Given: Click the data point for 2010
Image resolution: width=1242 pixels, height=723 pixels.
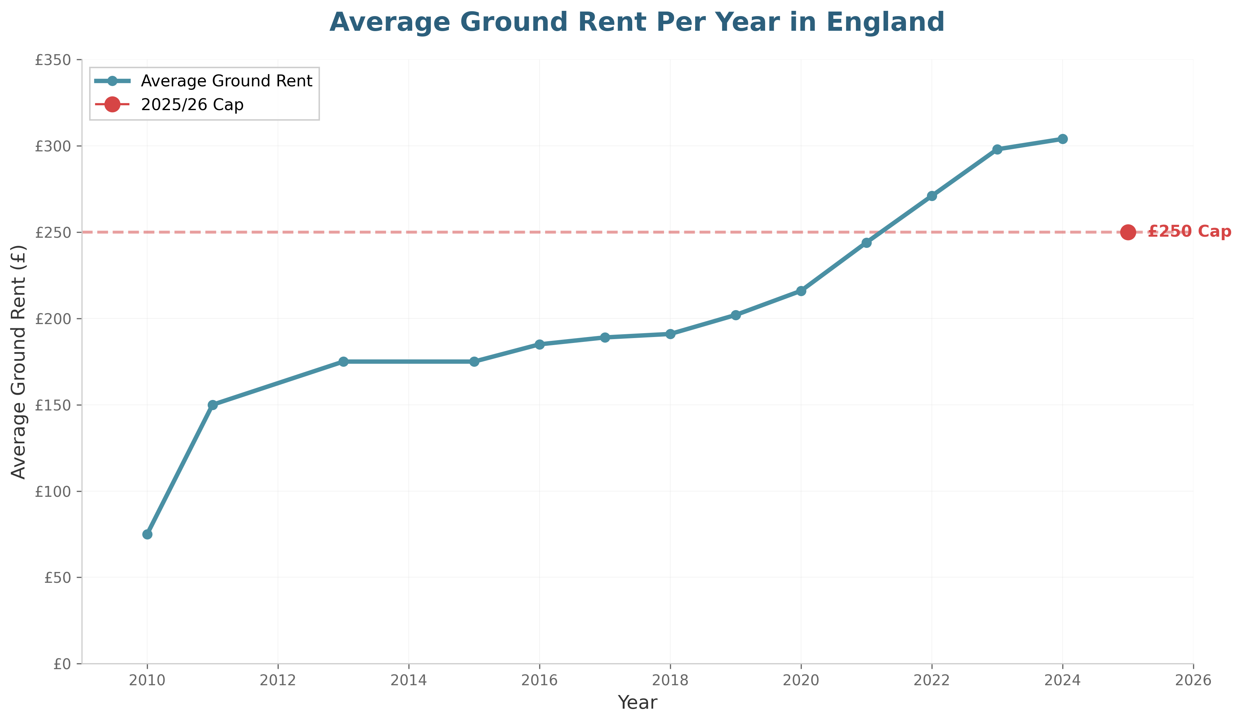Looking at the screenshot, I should [x=147, y=534].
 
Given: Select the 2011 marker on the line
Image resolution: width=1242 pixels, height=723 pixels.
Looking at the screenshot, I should [x=213, y=405].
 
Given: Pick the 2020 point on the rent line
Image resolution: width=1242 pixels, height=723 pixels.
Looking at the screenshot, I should [x=801, y=291].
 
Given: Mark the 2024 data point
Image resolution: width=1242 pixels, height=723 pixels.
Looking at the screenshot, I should [x=1063, y=139].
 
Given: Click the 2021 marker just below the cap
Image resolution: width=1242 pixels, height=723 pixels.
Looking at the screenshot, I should [x=866, y=243].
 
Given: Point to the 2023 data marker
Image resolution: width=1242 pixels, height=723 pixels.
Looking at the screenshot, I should [x=997, y=149].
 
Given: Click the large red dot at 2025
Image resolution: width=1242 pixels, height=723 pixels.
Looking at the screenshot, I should [x=1128, y=232].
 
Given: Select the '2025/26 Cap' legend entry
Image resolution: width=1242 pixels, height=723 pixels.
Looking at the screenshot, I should [x=192, y=105].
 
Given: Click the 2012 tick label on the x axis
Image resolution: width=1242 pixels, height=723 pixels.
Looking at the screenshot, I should [x=278, y=681].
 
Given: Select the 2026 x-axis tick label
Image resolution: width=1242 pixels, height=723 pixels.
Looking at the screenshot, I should [x=1193, y=681].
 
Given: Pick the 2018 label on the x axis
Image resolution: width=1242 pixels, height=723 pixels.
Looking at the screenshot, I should [x=670, y=681].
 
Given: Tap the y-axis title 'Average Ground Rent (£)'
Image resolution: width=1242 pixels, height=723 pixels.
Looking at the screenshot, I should [x=19, y=362].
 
